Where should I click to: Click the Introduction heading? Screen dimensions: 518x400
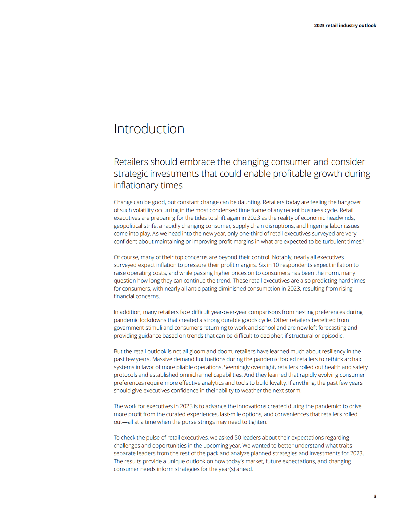pyautogui.click(x=149, y=129)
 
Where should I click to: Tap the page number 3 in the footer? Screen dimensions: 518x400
pyautogui.click(x=375, y=496)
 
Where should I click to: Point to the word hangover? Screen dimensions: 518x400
pyautogui.click(x=349, y=202)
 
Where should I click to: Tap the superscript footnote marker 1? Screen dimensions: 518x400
pyautogui.click(x=363, y=240)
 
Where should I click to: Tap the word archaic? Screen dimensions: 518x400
pyautogui.click(x=353, y=359)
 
